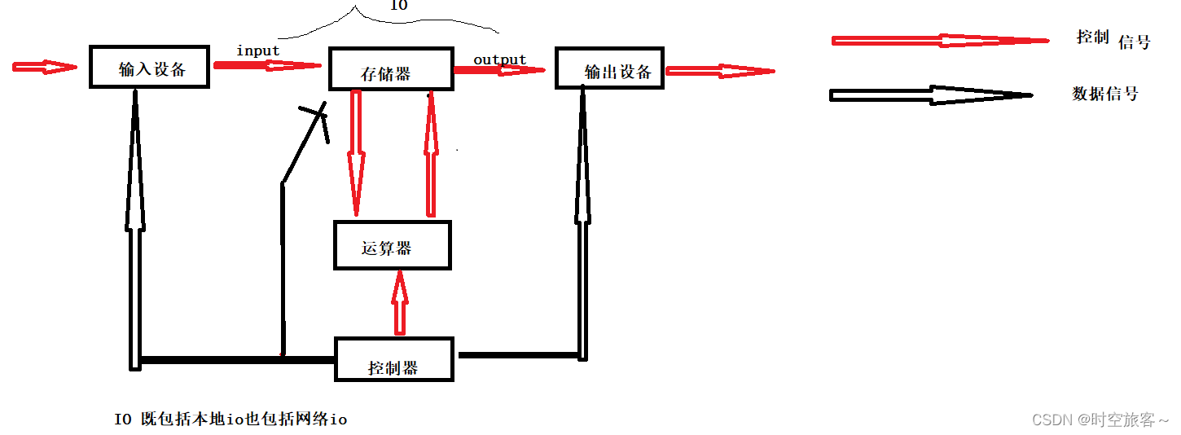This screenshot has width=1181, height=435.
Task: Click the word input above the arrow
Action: pos(258,51)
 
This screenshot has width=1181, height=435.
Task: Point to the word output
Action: pos(500,59)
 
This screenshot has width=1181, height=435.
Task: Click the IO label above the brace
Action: pos(398,6)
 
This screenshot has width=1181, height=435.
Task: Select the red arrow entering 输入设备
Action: pos(44,68)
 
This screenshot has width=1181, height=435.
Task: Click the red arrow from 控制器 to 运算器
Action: pos(399,303)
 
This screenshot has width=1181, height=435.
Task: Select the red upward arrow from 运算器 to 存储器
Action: pos(429,155)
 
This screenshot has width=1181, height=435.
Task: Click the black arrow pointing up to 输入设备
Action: pos(135,228)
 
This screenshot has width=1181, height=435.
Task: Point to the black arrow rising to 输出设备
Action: pos(582,220)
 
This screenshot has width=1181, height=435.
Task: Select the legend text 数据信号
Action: pos(1104,94)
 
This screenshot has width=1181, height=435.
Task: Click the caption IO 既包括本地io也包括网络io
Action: pos(230,420)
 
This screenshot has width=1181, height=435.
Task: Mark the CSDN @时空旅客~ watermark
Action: pos(1100,420)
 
